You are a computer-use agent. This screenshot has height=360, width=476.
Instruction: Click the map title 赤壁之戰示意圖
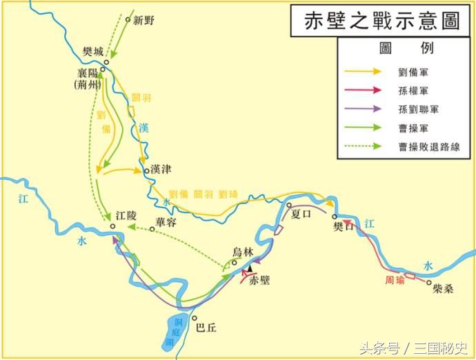(381, 21)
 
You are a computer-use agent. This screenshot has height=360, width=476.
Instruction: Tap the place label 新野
(144, 20)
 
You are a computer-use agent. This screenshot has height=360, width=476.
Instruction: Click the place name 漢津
(161, 169)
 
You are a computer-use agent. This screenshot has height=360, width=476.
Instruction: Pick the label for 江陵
(127, 216)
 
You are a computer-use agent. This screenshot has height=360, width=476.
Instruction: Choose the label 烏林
(244, 251)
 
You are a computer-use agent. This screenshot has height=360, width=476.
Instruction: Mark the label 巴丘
(206, 328)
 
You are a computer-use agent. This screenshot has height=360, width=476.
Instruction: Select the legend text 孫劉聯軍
(418, 108)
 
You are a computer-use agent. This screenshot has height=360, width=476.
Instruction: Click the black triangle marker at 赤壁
(250, 268)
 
